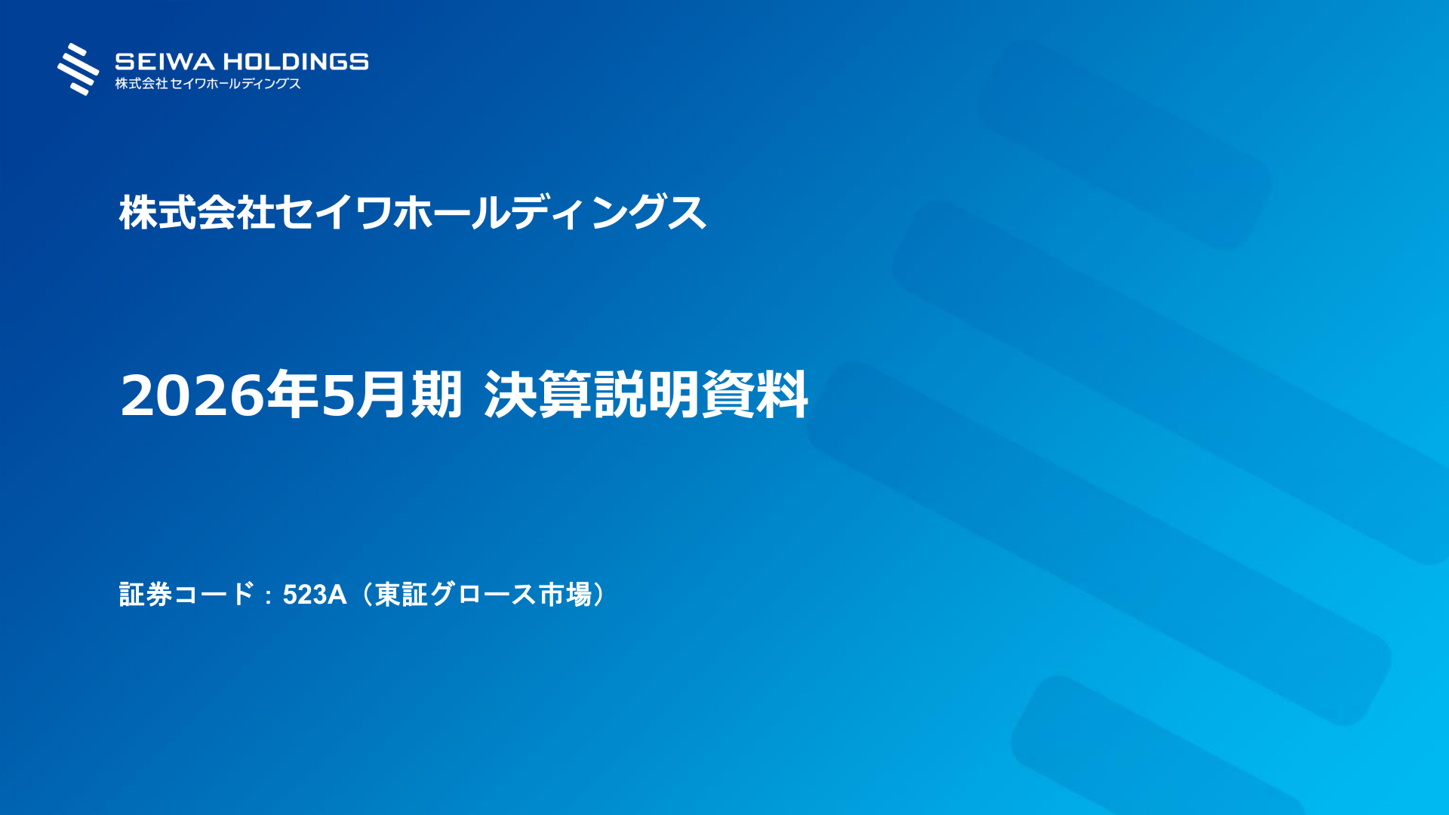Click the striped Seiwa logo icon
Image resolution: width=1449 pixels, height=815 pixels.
click(x=78, y=69)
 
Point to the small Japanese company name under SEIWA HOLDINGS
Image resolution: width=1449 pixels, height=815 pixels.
click(x=208, y=84)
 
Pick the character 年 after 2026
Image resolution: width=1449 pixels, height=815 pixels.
click(x=293, y=394)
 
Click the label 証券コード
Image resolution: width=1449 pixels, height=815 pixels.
click(x=187, y=595)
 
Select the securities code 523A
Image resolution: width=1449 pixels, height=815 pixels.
click(x=315, y=595)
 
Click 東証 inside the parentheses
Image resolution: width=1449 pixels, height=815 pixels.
click(x=401, y=595)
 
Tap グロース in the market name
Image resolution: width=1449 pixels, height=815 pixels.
click(x=483, y=595)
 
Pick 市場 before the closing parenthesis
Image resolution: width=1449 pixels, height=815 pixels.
click(x=565, y=595)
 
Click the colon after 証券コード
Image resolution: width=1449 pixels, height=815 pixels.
click(x=269, y=596)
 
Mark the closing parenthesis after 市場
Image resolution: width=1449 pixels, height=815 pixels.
click(x=599, y=595)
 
